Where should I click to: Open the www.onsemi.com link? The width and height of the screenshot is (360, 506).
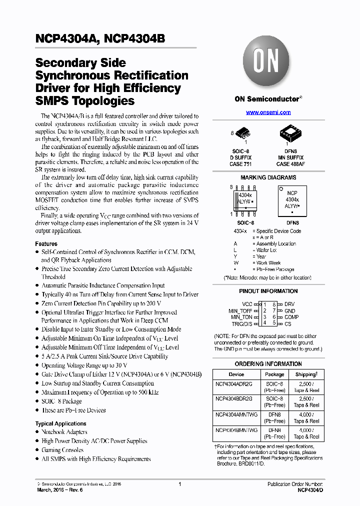tap(268, 112)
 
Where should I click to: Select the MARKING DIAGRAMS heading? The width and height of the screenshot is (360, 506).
tap(268, 177)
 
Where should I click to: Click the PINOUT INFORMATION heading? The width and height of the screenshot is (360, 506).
tap(268, 291)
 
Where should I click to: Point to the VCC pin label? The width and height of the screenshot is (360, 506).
tap(247, 304)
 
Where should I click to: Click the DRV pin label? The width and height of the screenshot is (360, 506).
tap(289, 304)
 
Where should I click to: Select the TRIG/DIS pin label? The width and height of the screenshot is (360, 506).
tap(242, 323)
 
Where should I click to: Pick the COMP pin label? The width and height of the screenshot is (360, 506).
tap(291, 317)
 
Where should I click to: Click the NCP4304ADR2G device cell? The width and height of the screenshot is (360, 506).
tap(234, 383)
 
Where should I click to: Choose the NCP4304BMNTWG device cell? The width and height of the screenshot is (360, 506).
tap(236, 430)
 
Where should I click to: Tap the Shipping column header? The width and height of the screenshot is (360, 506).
tap(305, 374)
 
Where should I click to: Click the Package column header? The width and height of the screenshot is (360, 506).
tap(274, 374)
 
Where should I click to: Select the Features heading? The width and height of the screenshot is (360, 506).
tap(46, 243)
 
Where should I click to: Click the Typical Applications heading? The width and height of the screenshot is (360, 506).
tap(60, 423)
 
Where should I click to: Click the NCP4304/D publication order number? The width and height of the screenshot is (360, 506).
tap(310, 490)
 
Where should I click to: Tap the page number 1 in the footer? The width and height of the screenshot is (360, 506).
tap(179, 484)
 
